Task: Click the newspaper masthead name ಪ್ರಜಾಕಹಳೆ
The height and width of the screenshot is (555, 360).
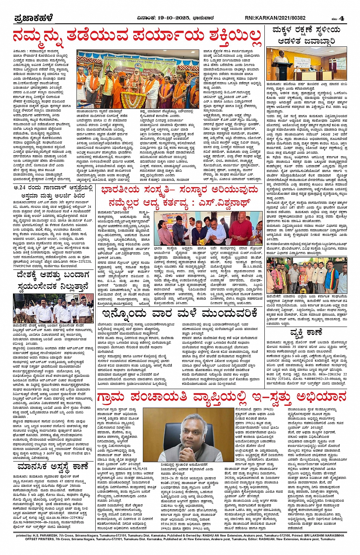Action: click(x=33, y=18)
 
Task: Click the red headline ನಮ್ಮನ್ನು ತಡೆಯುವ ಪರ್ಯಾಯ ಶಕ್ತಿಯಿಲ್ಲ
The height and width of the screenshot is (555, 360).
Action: click(x=136, y=36)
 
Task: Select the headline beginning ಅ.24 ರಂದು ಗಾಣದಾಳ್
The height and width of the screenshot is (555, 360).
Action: click(x=53, y=188)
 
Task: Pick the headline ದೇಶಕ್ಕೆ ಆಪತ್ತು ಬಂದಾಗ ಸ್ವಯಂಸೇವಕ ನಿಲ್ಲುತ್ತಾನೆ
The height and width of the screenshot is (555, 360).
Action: click(x=53, y=280)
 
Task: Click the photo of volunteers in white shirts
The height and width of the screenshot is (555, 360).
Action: click(x=53, y=309)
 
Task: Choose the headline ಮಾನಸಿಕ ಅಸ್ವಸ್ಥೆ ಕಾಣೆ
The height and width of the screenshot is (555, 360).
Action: click(x=53, y=467)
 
